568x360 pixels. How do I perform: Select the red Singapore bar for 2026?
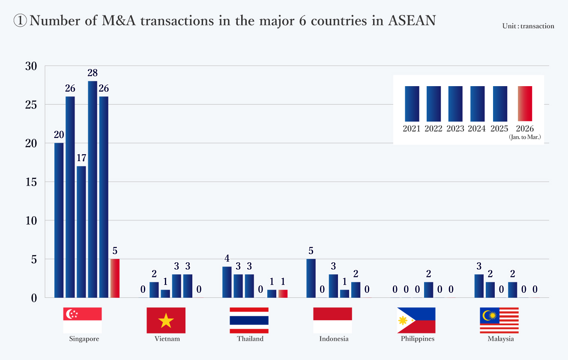pos(115,278)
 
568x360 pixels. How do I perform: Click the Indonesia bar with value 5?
pos(311,278)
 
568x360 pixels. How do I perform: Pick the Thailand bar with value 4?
pos(227,282)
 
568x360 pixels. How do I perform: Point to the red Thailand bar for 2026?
pos(283,294)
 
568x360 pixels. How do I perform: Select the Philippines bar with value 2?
pos(429,290)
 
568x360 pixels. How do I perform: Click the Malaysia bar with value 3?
pos(479,286)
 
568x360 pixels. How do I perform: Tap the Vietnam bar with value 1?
pos(165,294)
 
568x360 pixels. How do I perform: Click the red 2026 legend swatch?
pos(525,104)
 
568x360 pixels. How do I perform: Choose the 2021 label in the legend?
pos(411,129)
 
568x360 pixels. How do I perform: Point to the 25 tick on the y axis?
pos(32,105)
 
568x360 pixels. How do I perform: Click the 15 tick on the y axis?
pos(32,182)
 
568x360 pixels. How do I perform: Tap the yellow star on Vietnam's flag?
pos(166,321)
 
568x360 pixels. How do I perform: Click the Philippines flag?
pos(416,320)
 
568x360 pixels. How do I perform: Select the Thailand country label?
pos(250,339)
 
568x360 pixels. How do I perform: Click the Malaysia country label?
pos(500,339)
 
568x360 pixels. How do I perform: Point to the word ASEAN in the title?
pos(412,21)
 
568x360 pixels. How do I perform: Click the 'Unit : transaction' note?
pos(528,26)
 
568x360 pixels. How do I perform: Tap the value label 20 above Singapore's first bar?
pos(59,135)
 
